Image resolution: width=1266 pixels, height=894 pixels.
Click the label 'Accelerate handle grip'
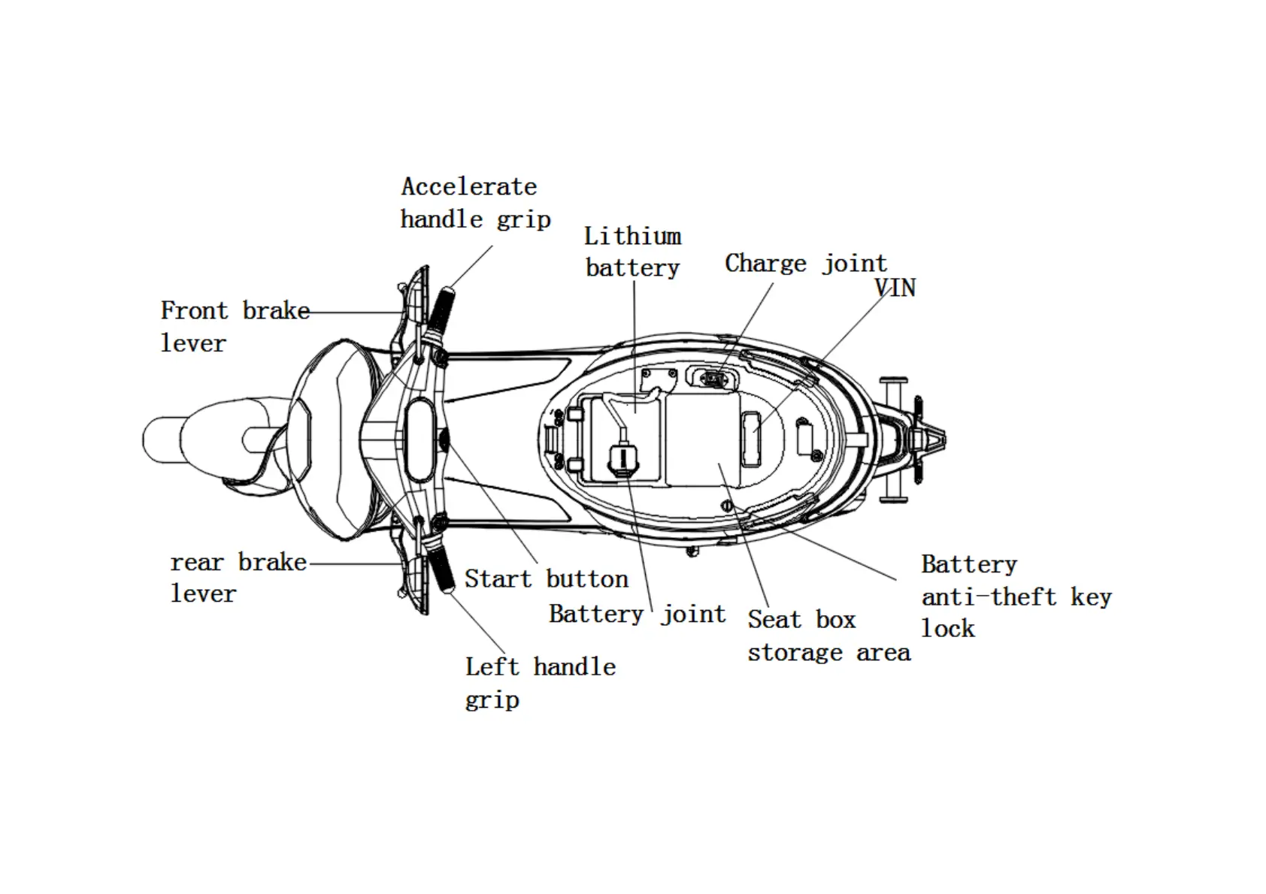point(474,203)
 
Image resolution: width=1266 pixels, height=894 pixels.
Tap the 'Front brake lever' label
point(234,326)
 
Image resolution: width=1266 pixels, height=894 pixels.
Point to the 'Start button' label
point(546,578)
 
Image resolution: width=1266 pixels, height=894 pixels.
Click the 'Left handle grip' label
point(540,682)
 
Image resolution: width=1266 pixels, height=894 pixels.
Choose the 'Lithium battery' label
point(632,252)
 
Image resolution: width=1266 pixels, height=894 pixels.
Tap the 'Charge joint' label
point(805,264)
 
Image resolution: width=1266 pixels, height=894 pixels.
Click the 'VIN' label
point(895,288)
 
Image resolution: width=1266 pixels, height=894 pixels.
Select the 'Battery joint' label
point(637,614)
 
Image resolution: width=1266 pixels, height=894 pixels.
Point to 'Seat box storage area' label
point(828,636)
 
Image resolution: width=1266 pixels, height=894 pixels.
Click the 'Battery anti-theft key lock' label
point(1015,597)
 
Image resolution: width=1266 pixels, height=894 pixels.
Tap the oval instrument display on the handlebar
point(418,439)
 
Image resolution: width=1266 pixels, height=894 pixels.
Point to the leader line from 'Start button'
point(492,506)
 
